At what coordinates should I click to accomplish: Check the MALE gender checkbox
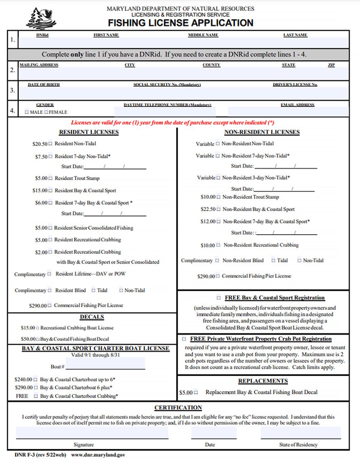(27, 112)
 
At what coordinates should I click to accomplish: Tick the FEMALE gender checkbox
(46, 112)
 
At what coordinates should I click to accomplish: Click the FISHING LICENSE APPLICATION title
(180, 23)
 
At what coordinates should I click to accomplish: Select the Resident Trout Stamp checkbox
(51, 178)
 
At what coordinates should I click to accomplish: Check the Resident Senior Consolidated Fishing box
(50, 228)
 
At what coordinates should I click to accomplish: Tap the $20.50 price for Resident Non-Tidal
(40, 144)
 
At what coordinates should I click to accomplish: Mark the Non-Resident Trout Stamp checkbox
(218, 197)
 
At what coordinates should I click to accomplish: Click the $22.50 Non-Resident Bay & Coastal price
(208, 209)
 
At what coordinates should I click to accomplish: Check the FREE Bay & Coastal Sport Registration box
(219, 298)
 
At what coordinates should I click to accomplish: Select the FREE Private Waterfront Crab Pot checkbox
(184, 339)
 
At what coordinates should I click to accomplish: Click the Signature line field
(92, 433)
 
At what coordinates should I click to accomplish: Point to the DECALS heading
(92, 317)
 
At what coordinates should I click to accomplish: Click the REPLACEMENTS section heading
(263, 381)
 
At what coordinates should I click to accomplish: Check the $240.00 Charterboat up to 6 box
(35, 379)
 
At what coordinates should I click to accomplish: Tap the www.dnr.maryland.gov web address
(98, 455)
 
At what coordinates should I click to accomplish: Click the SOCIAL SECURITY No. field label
(167, 85)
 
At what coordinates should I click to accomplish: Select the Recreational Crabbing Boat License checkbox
(37, 328)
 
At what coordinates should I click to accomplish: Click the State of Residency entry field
(301, 433)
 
